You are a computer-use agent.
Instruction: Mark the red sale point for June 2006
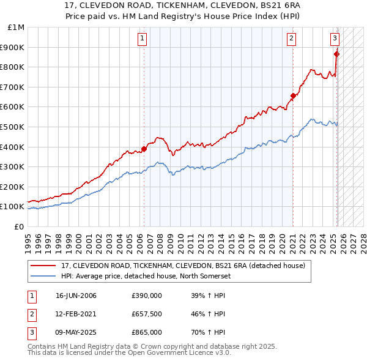pyautogui.click(x=144, y=148)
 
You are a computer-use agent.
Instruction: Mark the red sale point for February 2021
pyautogui.click(x=293, y=95)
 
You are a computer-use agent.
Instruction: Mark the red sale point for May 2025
pyautogui.click(x=337, y=54)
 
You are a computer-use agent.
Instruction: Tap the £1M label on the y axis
pyautogui.click(x=17, y=28)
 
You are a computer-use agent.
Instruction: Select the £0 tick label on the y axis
pyautogui.click(x=20, y=226)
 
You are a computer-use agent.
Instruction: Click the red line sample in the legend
pyautogui.click(x=42, y=266)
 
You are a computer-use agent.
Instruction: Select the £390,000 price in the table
pyautogui.click(x=147, y=296)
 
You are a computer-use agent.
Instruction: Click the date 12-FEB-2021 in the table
pyautogui.click(x=76, y=314)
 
